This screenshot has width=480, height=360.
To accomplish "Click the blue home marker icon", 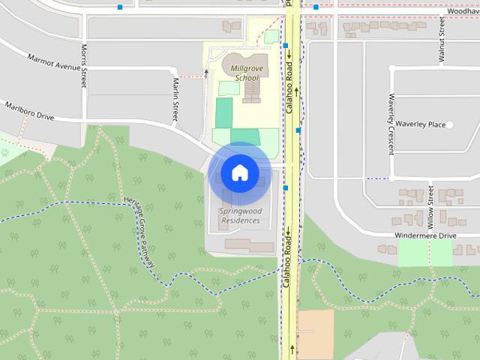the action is click(x=239, y=173).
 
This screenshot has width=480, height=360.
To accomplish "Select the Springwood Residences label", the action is click(x=239, y=216).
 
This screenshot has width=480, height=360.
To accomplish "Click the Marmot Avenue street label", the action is click(x=53, y=61).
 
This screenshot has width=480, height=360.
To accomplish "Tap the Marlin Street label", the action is click(x=175, y=99).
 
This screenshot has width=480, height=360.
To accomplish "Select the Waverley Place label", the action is click(x=421, y=124).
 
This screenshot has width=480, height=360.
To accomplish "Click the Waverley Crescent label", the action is click(x=391, y=124).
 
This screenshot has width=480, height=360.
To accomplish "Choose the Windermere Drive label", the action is click(x=425, y=235).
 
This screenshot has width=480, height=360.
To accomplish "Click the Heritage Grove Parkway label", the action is click(x=141, y=233).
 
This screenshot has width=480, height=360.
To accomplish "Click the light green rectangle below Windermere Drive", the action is click(x=424, y=252).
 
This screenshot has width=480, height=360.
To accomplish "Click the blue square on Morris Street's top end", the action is click(x=120, y=7).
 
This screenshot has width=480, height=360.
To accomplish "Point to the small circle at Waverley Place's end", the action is click(x=449, y=124).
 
